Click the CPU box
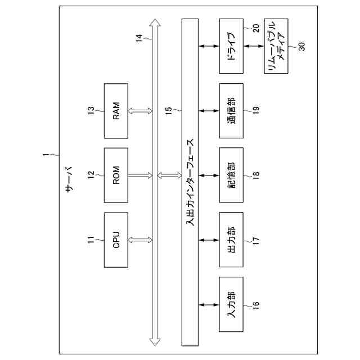116,240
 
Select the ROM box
116,175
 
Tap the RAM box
116,111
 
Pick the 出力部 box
231,240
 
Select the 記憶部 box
231,175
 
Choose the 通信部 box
231,111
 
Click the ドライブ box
231,46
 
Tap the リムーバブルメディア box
276,46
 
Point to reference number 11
90,240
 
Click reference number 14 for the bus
139,38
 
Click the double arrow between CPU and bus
141,240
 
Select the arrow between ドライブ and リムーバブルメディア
254,46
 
